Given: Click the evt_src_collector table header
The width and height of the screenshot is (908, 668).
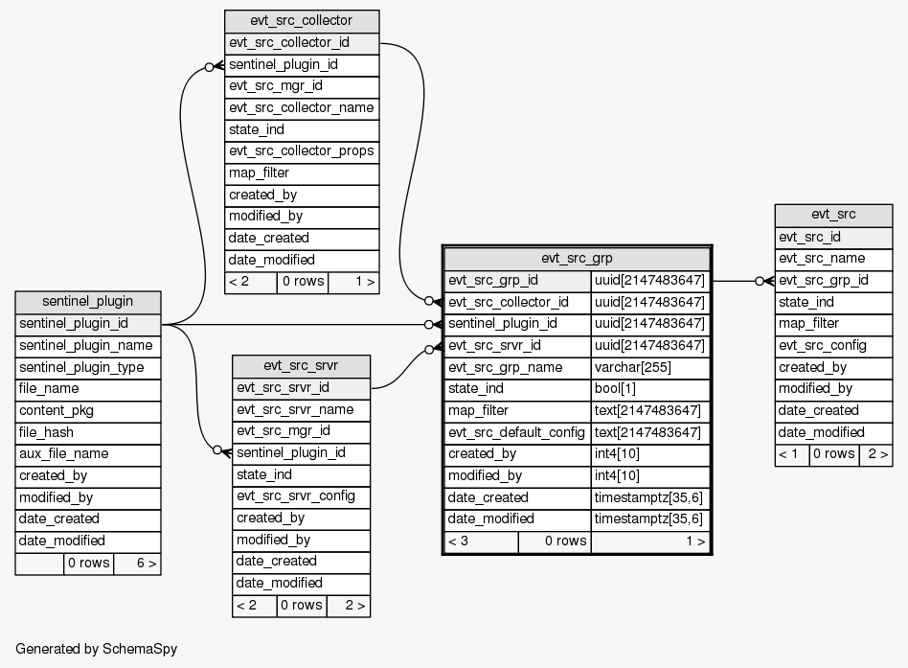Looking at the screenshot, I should (302, 21).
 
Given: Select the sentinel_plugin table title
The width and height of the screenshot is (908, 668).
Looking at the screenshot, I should (88, 302).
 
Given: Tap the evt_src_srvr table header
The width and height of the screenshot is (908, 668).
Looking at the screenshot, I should (301, 366).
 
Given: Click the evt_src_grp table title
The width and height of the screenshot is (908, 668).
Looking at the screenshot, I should (577, 258).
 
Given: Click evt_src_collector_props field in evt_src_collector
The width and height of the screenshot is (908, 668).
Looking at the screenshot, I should (302, 151).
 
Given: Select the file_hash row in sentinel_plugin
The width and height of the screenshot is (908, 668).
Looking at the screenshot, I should (88, 432).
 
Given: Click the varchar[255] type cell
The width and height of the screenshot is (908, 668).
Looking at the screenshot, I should (650, 367).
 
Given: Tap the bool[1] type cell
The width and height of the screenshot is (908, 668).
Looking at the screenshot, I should (650, 389).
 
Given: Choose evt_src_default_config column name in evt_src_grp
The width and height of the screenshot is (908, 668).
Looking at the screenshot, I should (517, 432).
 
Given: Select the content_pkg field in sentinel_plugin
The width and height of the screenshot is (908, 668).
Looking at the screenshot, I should (88, 410).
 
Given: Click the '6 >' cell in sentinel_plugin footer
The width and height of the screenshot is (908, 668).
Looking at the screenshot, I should (137, 563).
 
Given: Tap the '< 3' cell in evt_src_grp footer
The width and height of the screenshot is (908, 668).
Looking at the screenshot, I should (481, 541).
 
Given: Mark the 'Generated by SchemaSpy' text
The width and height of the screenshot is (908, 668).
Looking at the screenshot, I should (96, 649).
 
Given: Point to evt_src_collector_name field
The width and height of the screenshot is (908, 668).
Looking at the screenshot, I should (302, 108).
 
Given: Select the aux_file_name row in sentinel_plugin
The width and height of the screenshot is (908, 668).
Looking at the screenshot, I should (88, 454).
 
